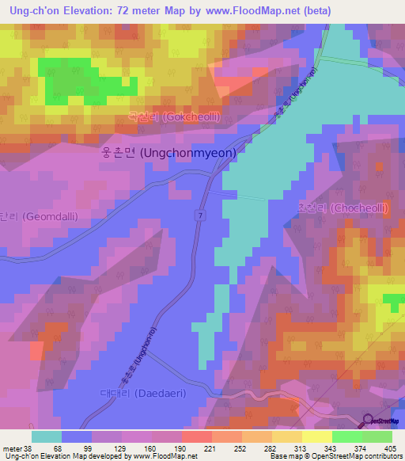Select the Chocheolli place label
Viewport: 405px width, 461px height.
[x=343, y=208]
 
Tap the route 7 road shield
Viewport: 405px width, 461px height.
[x=202, y=214]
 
